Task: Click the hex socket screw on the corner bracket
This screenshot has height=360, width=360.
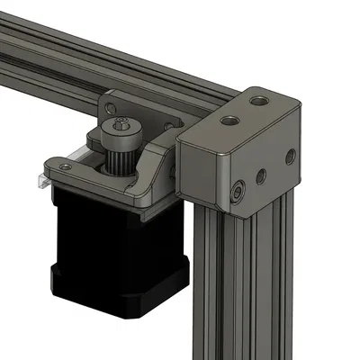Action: click(237, 192)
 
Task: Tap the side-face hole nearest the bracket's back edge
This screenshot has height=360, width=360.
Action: click(290, 157)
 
